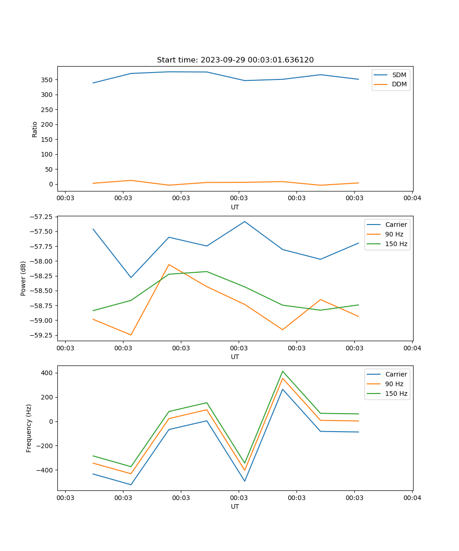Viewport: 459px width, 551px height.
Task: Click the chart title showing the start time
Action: [x=235, y=60]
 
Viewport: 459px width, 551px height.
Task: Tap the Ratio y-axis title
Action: [x=35, y=129]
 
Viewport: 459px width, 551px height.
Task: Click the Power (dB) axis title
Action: [x=23, y=278]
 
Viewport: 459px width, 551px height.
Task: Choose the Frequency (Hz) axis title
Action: [x=29, y=428]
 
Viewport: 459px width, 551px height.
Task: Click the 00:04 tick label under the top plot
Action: [x=412, y=198]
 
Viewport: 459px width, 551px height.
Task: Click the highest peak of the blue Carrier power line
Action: [x=245, y=221]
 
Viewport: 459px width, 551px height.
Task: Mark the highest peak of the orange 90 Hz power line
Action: [x=169, y=264]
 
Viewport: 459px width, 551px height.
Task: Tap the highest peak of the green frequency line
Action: [x=283, y=371]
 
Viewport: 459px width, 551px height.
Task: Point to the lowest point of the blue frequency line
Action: [x=131, y=484]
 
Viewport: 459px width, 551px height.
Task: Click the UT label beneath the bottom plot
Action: [x=235, y=506]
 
